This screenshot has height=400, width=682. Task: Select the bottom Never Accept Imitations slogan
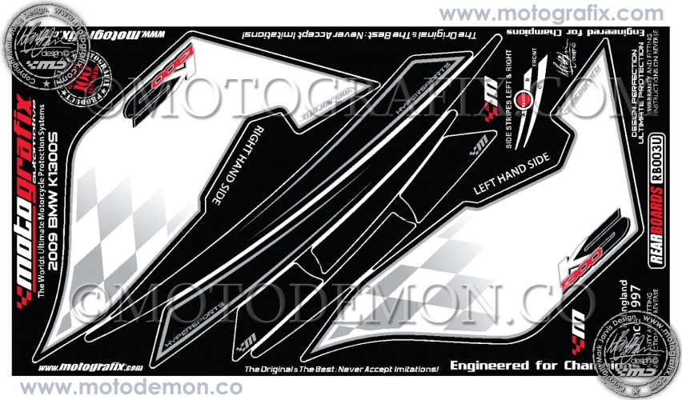tap(341, 369)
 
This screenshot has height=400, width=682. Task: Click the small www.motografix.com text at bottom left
tap(90, 367)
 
